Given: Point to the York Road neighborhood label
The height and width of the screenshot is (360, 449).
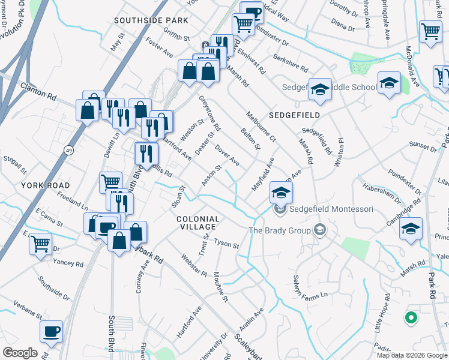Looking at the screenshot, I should coord(46,185).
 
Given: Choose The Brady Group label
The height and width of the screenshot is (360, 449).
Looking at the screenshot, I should coord(280,230).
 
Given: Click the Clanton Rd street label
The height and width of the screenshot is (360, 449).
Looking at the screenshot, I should coord(38,91).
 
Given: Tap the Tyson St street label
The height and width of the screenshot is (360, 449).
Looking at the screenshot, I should coord(227,245).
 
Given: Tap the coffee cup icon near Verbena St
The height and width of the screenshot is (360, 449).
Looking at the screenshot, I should coord(51,331).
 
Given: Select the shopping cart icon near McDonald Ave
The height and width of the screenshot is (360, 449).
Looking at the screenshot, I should coord(430,31).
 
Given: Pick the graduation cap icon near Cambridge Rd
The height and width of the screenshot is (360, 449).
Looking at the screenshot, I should coord(411,229).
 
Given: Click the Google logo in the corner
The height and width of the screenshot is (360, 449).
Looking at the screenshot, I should coord(20,353).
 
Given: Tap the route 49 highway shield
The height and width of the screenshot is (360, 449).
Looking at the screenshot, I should coord(70,149).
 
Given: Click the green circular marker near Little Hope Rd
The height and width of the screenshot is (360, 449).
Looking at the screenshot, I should coord(411,317).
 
